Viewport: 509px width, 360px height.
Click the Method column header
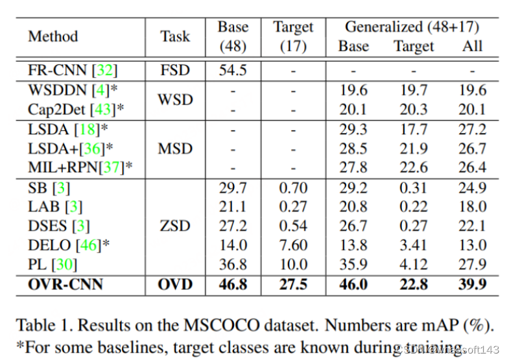point(53,36)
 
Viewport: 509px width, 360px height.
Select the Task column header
point(176,36)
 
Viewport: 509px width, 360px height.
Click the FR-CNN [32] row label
point(73,70)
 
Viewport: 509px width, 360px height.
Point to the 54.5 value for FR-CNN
point(232,70)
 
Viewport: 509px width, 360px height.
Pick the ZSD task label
point(175,226)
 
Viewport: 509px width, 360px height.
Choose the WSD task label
point(175,100)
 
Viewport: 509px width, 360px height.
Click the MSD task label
point(175,149)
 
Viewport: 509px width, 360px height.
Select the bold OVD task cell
point(175,283)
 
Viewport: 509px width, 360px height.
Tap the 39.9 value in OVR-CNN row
point(471,283)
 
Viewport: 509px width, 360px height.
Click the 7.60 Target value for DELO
point(293,245)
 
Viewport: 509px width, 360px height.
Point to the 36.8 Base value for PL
point(232,265)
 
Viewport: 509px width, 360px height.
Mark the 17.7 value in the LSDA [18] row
point(414,130)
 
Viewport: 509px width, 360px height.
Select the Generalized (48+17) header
point(412,27)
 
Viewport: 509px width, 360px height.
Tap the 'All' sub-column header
point(472,46)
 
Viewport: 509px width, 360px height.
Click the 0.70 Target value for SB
point(293,188)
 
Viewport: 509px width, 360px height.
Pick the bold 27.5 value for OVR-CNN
point(293,283)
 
